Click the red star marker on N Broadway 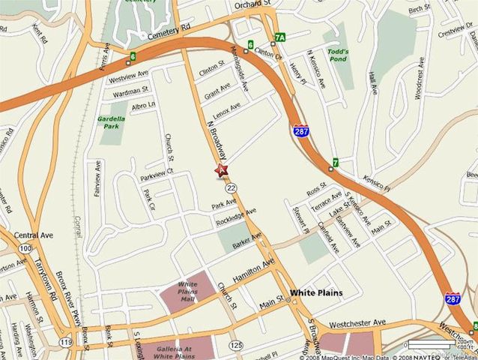[222, 171]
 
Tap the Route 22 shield [233, 187]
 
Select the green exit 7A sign [280, 37]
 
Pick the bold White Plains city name [316, 292]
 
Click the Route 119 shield [67, 343]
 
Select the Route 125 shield [237, 345]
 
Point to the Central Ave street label [31, 235]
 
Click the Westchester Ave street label [358, 323]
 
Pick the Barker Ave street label [246, 242]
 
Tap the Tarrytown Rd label [46, 277]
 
